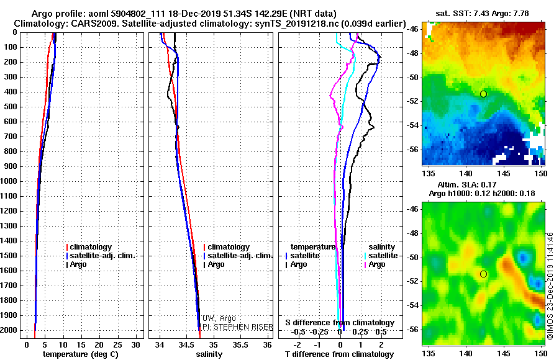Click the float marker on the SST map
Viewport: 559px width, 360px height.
tap(483, 94)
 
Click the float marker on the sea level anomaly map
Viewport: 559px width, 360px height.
tap(483, 274)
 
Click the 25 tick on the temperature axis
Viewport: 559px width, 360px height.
tap(117, 344)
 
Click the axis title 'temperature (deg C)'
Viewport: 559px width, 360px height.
tap(80, 354)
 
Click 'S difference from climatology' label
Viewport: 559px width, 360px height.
tap(340, 323)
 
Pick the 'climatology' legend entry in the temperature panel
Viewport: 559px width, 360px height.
tap(91, 247)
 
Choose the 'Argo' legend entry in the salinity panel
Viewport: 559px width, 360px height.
tap(216, 264)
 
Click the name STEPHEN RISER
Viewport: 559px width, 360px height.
tap(238, 326)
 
